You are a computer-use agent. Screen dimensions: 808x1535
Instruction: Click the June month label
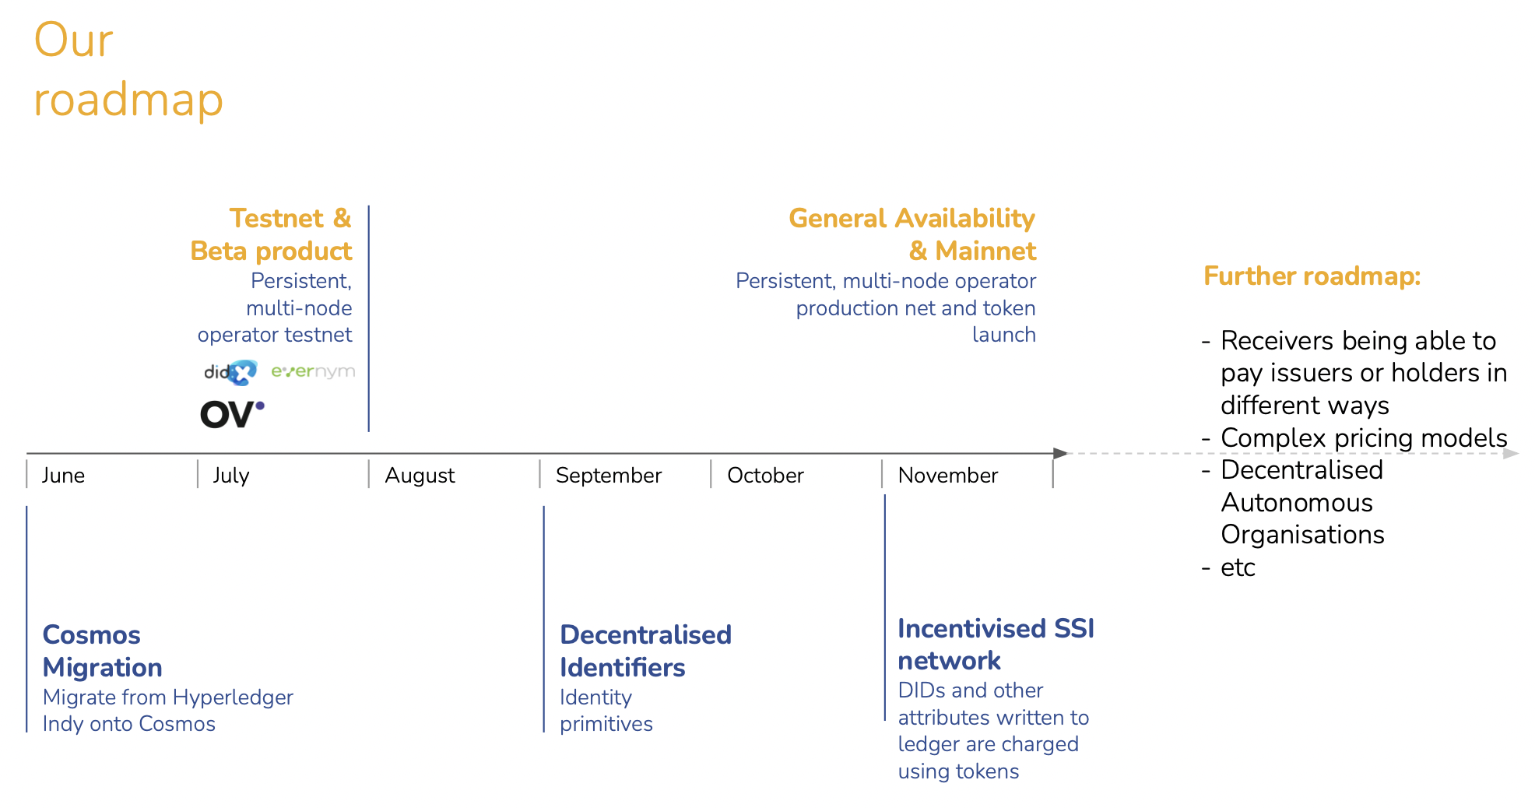63,476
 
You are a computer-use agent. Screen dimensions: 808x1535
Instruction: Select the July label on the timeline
231,476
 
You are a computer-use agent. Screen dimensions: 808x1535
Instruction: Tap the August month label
420,476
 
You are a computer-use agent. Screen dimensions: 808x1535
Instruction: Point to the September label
609,476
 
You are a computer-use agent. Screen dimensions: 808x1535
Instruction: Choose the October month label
765,476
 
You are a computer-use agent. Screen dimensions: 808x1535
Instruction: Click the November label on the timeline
947,476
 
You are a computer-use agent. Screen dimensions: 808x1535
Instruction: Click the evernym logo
313,371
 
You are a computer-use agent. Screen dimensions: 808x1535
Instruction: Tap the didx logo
230,372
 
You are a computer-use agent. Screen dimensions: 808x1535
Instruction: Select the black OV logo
232,413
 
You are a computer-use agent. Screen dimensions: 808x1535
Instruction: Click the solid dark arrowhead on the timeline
1060,453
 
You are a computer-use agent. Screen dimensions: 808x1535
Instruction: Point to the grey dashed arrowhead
1510,453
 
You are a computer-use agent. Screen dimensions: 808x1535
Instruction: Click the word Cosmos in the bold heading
92,635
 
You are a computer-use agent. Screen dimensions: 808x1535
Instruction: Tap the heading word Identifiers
622,668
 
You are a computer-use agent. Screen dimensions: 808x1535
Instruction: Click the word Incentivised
972,628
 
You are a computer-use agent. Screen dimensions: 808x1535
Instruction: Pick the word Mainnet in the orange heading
985,251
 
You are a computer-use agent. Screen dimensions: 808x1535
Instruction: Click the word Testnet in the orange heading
276,218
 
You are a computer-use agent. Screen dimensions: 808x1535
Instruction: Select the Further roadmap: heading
1312,276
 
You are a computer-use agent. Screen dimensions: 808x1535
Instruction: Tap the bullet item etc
1238,567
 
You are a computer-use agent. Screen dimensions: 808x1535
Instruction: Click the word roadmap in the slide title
128,100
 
